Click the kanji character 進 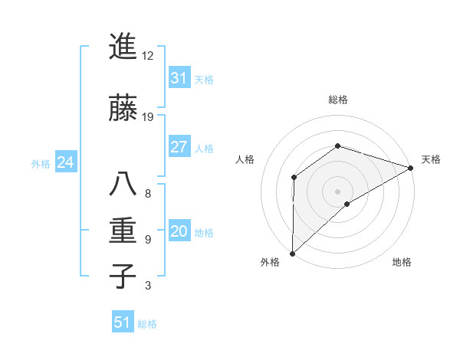[123, 47]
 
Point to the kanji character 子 [123, 276]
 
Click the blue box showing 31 [179, 78]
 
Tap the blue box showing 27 [179, 147]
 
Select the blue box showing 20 [179, 232]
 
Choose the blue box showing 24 [65, 162]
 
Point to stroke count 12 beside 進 [148, 55]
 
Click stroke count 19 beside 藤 [148, 116]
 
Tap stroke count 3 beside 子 [148, 286]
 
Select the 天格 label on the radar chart [431, 159]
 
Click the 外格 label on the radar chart [270, 263]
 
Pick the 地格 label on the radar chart [402, 263]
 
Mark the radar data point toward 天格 [410, 168]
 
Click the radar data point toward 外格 [292, 253]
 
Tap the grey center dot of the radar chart [337, 191]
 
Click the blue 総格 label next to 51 [147, 324]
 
